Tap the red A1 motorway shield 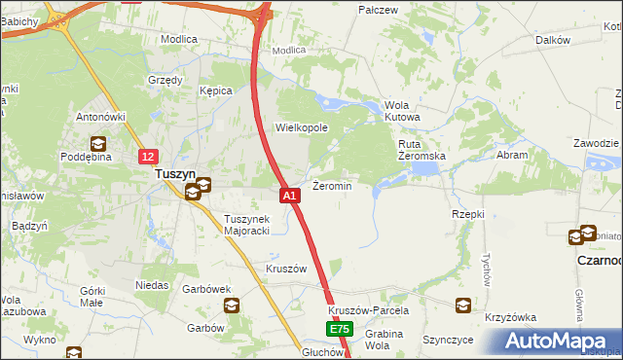(289, 196)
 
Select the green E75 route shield (338, 331)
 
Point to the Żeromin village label (331, 185)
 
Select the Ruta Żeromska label (421, 150)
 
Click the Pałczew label (380, 10)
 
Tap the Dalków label (552, 40)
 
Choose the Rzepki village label (468, 213)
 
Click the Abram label (513, 155)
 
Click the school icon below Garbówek (233, 306)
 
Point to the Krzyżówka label (511, 318)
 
